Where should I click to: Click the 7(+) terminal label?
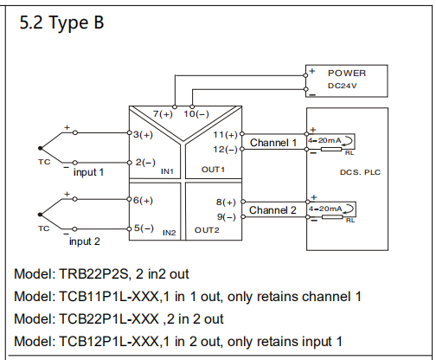pyautogui.click(x=163, y=114)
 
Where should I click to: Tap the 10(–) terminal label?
pyautogui.click(x=196, y=114)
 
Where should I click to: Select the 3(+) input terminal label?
pyautogui.click(x=144, y=135)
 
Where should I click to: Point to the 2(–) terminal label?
pyautogui.click(x=145, y=163)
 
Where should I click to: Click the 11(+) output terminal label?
pyautogui.click(x=225, y=135)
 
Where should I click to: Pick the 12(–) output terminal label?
pyautogui.click(x=225, y=150)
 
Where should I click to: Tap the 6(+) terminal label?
pyautogui.click(x=144, y=201)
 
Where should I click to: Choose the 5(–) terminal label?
pyautogui.click(x=144, y=228)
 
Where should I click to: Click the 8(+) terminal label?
pyautogui.click(x=226, y=202)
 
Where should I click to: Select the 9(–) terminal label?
pyautogui.click(x=227, y=217)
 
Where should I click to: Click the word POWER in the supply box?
pyautogui.click(x=347, y=74)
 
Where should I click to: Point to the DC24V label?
pyautogui.click(x=343, y=86)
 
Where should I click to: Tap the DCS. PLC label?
pyautogui.click(x=360, y=172)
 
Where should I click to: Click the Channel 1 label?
pyautogui.click(x=273, y=143)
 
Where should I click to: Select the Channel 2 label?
pyautogui.click(x=272, y=210)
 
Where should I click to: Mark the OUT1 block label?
pyautogui.click(x=213, y=170)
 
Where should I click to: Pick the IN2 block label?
pyautogui.click(x=170, y=233)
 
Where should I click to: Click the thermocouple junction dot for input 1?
pyautogui.click(x=40, y=148)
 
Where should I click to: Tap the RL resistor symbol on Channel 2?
pyautogui.click(x=332, y=217)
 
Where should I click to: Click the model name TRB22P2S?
pyautogui.click(x=93, y=274)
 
